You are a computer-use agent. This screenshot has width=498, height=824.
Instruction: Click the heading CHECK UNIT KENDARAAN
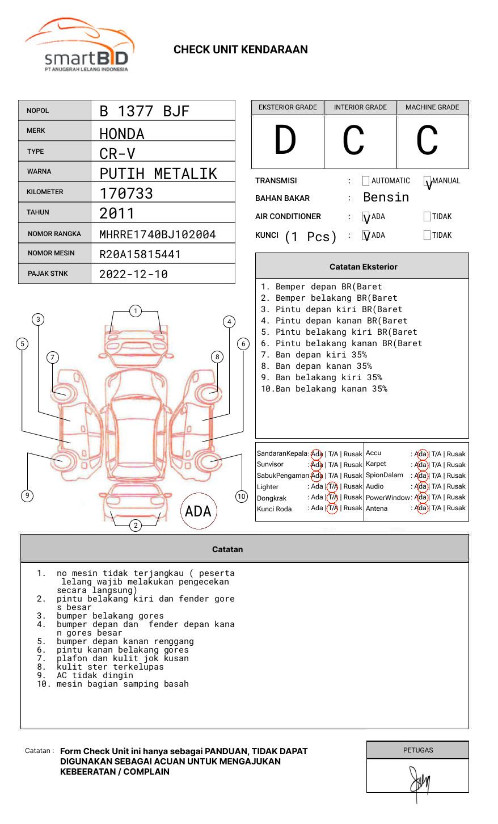[240, 50]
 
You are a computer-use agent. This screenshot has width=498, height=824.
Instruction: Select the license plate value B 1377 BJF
[144, 111]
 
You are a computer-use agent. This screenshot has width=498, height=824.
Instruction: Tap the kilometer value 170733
[126, 194]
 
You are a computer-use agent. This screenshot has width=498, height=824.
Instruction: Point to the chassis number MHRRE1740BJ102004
[157, 234]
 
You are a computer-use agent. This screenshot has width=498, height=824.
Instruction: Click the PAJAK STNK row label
[48, 274]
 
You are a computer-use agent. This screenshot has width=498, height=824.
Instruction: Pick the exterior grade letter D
[285, 141]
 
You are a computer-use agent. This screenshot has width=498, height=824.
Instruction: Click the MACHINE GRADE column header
[432, 107]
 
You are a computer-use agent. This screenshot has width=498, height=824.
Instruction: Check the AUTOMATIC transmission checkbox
[366, 181]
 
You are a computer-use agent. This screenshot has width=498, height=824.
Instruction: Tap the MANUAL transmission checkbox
[428, 181]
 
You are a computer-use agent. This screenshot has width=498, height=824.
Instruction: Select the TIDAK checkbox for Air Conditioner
[427, 217]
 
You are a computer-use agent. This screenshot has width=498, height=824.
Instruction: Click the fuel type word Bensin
[386, 197]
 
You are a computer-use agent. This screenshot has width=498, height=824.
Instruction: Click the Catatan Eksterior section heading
[363, 267]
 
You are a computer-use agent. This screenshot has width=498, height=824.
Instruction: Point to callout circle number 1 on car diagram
[135, 311]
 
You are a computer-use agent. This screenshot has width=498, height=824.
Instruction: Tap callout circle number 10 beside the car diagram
[242, 497]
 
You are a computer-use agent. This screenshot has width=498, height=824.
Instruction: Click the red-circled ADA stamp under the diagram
[198, 511]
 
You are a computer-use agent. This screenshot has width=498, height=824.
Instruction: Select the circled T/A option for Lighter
[333, 486]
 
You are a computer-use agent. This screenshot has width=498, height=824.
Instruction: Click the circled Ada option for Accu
[421, 454]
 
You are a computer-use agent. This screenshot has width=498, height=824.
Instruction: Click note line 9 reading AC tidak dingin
[95, 675]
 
